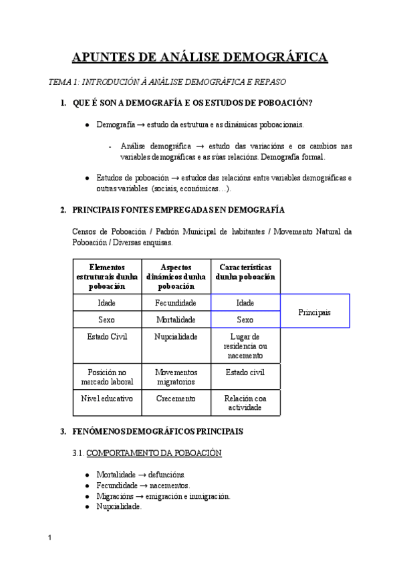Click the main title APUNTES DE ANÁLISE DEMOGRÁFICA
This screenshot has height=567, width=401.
[200, 57]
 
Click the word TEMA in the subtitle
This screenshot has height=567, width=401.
[60, 82]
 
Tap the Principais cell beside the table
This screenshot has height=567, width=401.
[315, 312]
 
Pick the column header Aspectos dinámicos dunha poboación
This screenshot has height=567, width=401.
[176, 276]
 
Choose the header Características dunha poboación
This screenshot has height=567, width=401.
[245, 272]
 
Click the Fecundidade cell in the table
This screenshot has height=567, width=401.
[176, 303]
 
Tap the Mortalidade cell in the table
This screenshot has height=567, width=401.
[176, 320]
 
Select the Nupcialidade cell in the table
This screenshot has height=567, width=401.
[176, 336]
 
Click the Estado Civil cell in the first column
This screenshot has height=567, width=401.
[107, 336]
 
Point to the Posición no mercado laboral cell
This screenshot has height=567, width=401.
[107, 376]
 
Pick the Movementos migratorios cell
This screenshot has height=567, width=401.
[176, 376]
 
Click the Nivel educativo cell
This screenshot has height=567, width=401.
[107, 399]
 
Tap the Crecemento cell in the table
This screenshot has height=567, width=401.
[176, 399]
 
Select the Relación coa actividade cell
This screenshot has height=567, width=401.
[245, 403]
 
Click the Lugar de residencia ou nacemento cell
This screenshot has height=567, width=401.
[245, 346]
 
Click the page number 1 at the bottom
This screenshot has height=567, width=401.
[50, 538]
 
